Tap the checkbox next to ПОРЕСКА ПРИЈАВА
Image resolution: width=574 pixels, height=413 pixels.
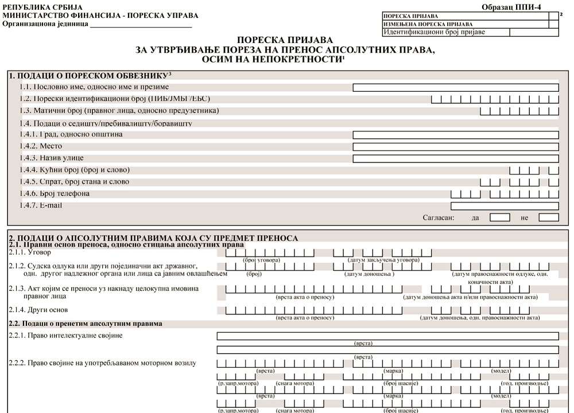coord(553,16)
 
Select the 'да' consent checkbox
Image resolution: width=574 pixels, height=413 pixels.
coord(500,217)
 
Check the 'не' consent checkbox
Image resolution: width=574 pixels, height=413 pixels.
coord(549,217)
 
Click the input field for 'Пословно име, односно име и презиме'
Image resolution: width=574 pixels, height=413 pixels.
coord(455,87)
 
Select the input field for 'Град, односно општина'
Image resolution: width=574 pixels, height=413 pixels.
coord(455,135)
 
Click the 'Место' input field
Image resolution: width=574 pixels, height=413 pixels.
coord(455,147)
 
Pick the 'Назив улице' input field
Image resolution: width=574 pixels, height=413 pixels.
coord(455,158)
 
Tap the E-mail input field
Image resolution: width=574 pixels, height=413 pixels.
coord(505,205)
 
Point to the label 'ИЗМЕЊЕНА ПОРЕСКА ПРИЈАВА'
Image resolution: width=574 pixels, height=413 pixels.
coord(428,24)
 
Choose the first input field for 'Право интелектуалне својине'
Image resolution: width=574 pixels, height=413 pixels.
coord(387,336)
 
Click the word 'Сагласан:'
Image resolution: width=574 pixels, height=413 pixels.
coord(439,218)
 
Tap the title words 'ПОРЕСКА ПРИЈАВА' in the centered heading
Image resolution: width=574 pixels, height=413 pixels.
coord(285,40)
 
